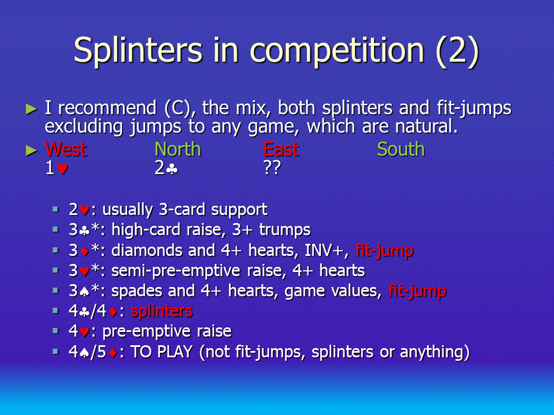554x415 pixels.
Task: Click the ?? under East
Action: (272, 168)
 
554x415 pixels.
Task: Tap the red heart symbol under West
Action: (62, 169)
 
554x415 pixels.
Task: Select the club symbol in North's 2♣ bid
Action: (172, 169)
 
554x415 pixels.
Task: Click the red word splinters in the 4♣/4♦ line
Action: (162, 311)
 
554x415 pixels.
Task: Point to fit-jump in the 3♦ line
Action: (384, 250)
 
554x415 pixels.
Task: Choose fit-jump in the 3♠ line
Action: (417, 290)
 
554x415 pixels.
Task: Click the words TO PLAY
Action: (162, 352)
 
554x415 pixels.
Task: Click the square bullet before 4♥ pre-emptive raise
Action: (55, 331)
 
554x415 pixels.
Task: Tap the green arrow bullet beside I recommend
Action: (31, 109)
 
